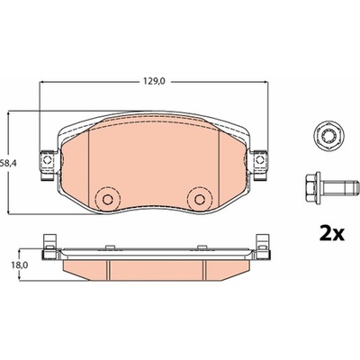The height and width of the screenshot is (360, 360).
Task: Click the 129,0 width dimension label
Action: pyautogui.click(x=153, y=81)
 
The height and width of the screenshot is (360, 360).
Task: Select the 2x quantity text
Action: pyautogui.click(x=331, y=235)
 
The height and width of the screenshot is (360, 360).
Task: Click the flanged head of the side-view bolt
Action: pyautogui.click(x=314, y=187)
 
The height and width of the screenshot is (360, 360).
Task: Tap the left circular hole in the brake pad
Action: pyautogui.click(x=107, y=199)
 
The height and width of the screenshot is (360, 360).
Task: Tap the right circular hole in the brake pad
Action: pyautogui.click(x=199, y=199)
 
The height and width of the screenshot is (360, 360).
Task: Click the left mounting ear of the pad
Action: pyautogui.click(x=48, y=166)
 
